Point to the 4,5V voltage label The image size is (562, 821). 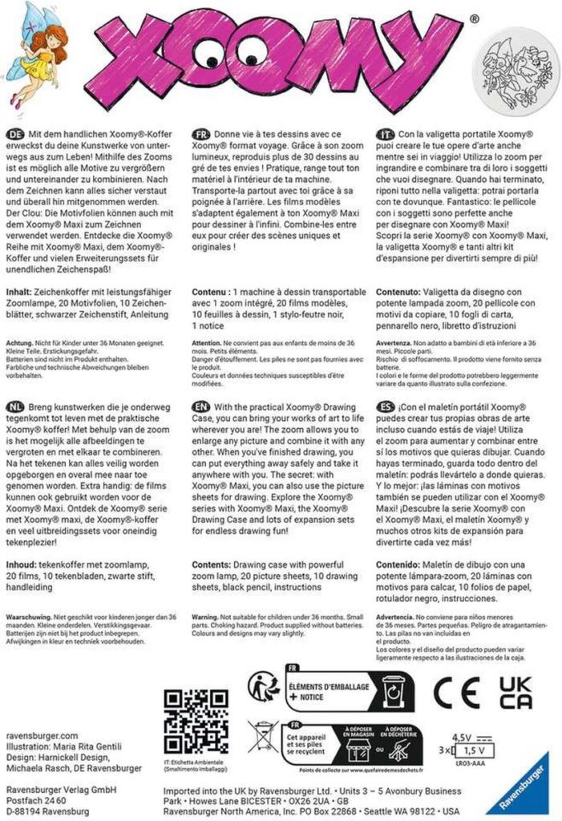point(462,737)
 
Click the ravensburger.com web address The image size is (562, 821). point(42,734)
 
